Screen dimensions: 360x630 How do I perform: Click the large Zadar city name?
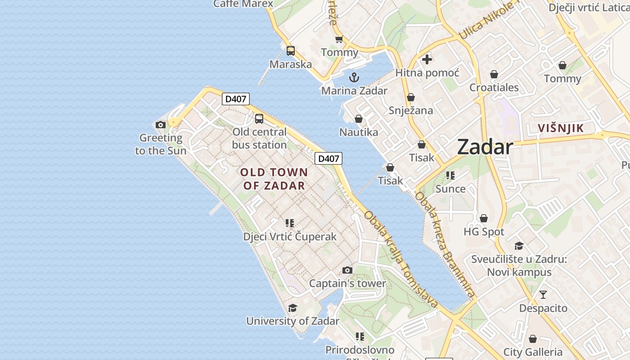click(x=485, y=148)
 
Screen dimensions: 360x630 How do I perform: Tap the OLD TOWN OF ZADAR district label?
click(x=274, y=179)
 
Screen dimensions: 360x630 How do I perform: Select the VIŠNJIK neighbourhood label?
click(x=561, y=128)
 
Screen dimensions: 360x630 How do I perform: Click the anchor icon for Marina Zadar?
click(x=354, y=77)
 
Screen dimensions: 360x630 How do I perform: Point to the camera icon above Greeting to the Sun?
click(x=161, y=125)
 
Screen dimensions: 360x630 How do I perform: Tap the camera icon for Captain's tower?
click(x=347, y=270)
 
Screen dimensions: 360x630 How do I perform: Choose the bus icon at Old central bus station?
click(x=259, y=119)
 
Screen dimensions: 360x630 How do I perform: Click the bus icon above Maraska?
click(x=291, y=51)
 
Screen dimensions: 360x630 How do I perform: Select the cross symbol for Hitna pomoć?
click(x=427, y=59)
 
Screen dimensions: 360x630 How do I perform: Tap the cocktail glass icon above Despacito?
click(x=543, y=295)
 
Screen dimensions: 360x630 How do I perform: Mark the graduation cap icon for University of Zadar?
click(x=292, y=308)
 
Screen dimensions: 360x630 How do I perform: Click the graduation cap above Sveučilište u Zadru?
click(x=519, y=246)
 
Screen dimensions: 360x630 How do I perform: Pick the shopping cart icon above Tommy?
click(x=339, y=40)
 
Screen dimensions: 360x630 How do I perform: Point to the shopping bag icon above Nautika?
click(x=359, y=119)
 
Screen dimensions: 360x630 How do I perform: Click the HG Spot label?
click(x=484, y=232)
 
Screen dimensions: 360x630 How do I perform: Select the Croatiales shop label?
click(x=494, y=88)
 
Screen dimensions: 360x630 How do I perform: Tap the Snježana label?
click(x=410, y=111)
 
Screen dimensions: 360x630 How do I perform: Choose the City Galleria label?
click(x=533, y=352)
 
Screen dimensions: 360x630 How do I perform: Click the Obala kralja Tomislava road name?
click(x=401, y=260)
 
